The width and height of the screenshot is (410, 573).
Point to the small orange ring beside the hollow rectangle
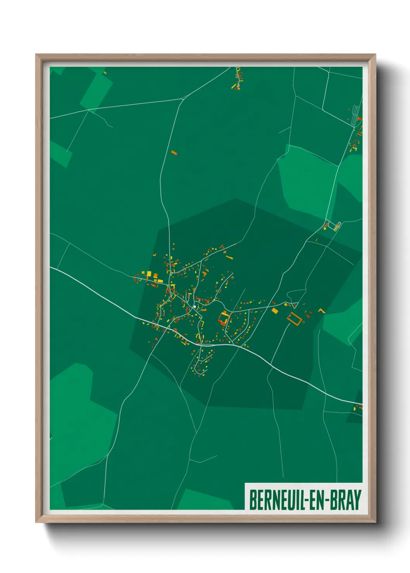(303, 322)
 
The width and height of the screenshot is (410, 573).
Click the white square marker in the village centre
(194, 307)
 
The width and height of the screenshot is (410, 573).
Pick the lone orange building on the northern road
(174, 153)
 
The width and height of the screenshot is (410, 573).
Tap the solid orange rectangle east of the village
(275, 311)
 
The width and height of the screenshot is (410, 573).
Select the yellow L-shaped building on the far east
(321, 310)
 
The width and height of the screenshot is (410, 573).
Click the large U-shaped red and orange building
(224, 318)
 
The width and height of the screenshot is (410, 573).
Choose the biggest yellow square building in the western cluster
(149, 274)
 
